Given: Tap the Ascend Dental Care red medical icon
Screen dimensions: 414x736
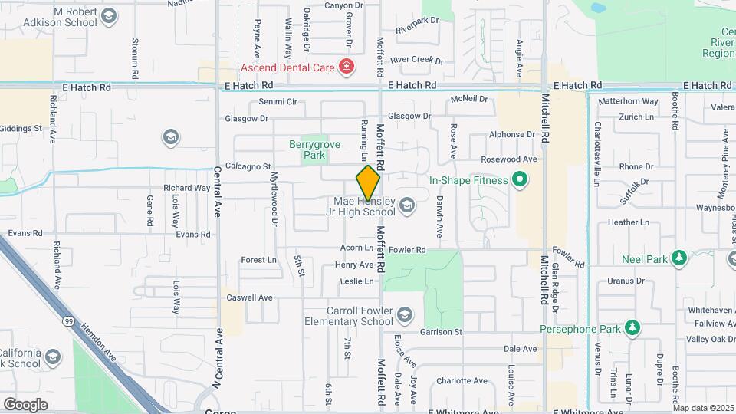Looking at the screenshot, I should [347, 67].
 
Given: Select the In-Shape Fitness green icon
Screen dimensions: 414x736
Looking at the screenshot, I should [520, 181].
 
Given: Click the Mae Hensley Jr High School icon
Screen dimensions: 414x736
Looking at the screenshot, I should [406, 204].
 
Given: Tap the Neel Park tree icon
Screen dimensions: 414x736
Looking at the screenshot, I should [678, 259].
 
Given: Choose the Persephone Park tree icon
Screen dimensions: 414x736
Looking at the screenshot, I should [632, 329].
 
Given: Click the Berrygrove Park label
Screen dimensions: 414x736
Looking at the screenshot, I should [308, 149].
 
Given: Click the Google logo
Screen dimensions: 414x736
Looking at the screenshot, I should [25, 405].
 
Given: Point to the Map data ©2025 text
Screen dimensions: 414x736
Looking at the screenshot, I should [701, 408].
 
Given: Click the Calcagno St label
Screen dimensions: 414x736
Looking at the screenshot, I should [248, 166].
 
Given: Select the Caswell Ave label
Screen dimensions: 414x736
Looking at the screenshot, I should [249, 297].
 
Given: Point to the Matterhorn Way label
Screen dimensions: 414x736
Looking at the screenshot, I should [628, 101].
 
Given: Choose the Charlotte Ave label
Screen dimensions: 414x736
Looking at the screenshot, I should [462, 381].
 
